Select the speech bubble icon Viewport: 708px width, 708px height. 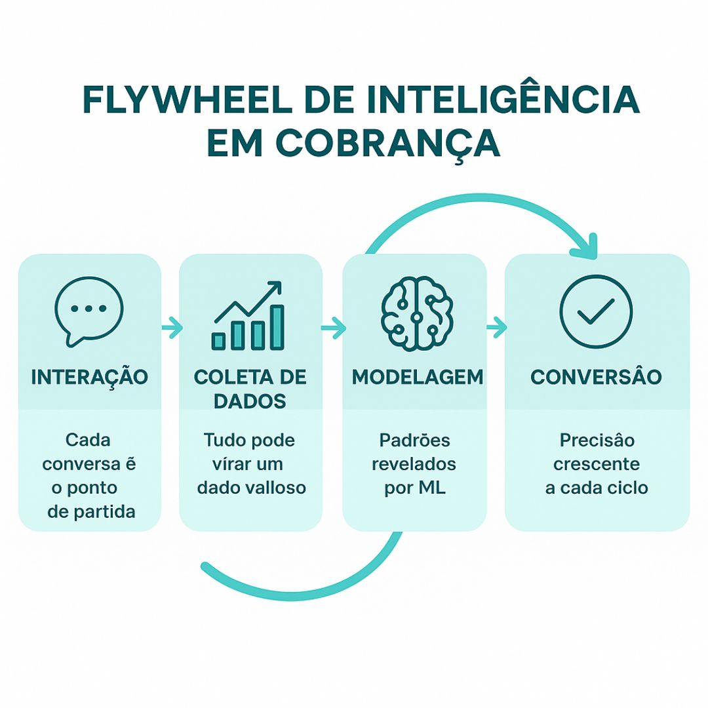[89, 311]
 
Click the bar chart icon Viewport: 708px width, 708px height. [248, 315]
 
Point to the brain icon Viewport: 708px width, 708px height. [417, 313]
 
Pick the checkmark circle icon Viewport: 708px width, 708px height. [596, 311]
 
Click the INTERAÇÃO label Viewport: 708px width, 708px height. [89, 378]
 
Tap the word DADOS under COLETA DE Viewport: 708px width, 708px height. [250, 401]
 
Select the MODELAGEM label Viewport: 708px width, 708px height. [418, 377]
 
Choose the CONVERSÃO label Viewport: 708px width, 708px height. [596, 376]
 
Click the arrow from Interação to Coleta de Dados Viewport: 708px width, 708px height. [172, 327]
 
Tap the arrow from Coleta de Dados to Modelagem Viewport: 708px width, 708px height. [333, 327]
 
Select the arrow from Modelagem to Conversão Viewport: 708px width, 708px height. [497, 327]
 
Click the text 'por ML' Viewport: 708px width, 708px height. [415, 488]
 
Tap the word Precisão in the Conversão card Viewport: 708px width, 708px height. [597, 440]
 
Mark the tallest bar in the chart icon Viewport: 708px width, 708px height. [277, 327]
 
